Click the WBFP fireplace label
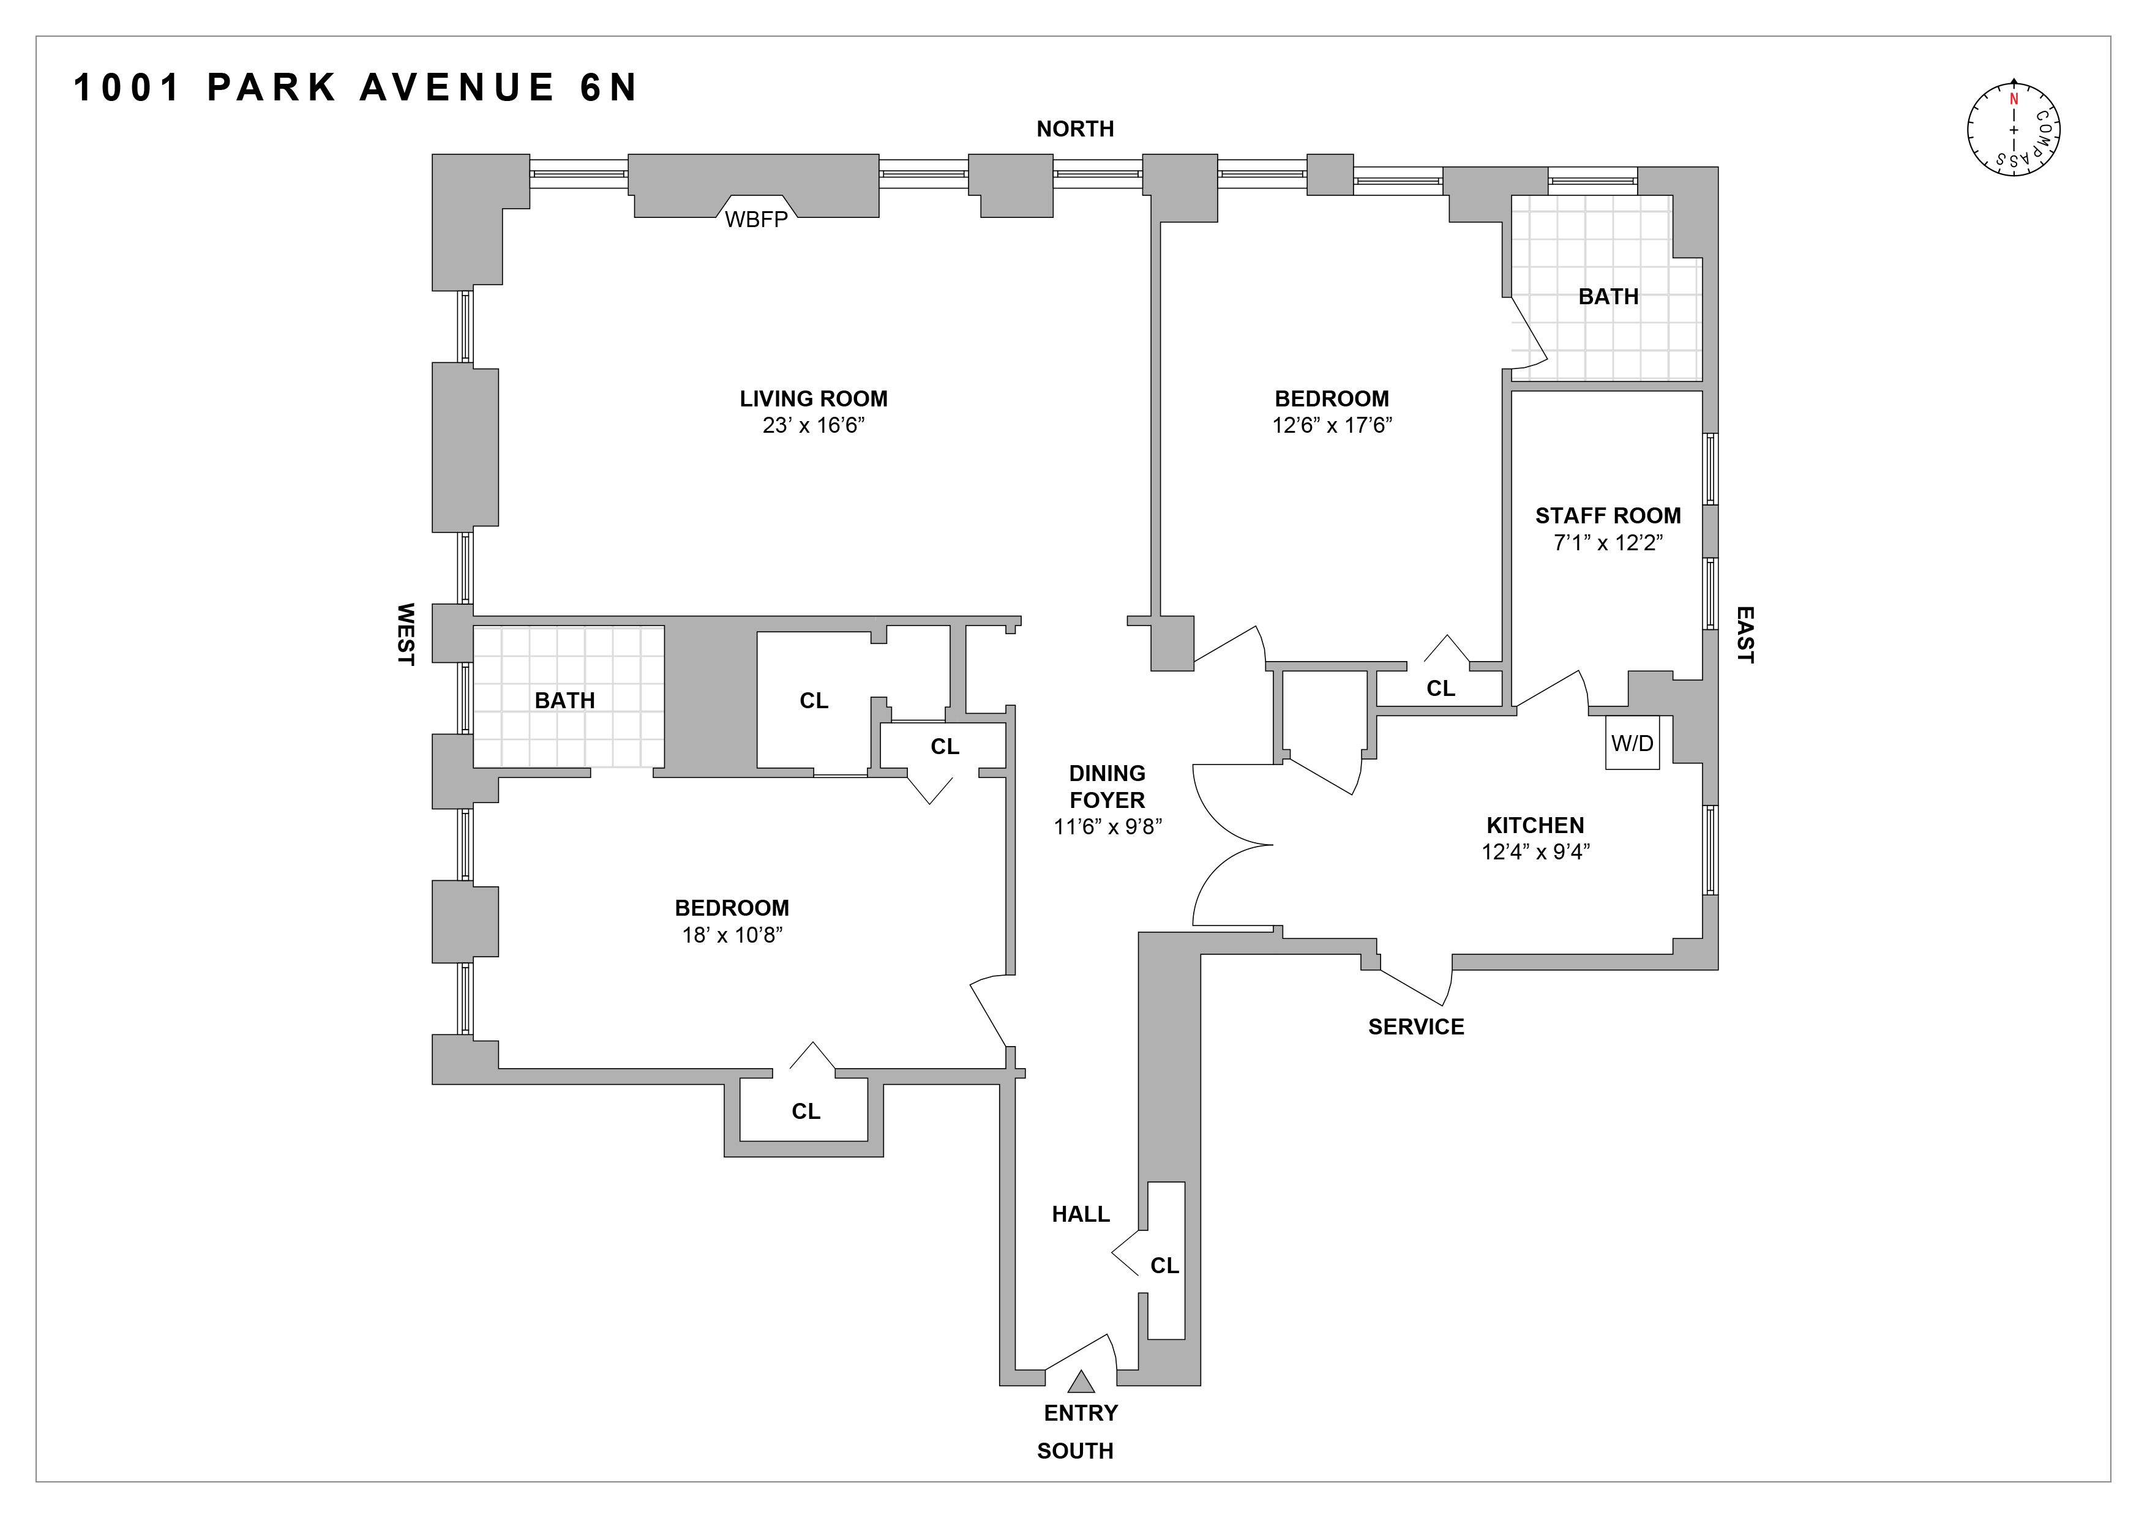pos(757,220)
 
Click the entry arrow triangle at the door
pos(1081,1381)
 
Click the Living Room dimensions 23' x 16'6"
pos(812,426)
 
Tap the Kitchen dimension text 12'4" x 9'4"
pos(1535,851)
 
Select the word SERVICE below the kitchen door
pos(1416,1026)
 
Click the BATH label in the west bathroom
pos(565,700)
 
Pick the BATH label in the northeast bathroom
pos(1608,296)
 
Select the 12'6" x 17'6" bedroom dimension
pos(1332,425)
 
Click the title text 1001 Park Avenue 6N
pos(355,88)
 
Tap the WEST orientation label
pos(406,634)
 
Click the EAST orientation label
pos(1745,635)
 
